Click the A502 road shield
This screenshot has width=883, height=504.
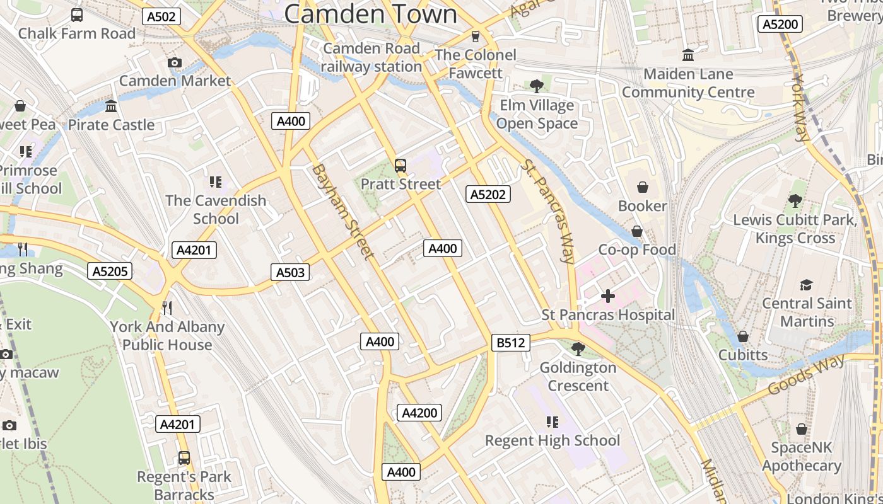pyautogui.click(x=161, y=16)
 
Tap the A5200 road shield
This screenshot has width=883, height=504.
pyautogui.click(x=780, y=24)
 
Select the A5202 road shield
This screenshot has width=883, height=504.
pyautogui.click(x=488, y=195)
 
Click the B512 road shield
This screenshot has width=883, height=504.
pyautogui.click(x=510, y=343)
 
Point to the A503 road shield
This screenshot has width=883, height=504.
pyautogui.click(x=290, y=272)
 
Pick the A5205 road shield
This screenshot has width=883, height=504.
pyautogui.click(x=110, y=272)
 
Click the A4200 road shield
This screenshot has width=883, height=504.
pyautogui.click(x=419, y=413)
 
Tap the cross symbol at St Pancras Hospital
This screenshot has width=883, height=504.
pyautogui.click(x=608, y=295)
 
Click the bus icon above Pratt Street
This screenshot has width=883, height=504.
pyautogui.click(x=401, y=166)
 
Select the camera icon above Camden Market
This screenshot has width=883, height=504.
pyautogui.click(x=175, y=62)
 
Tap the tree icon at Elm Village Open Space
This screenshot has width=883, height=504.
pyautogui.click(x=537, y=86)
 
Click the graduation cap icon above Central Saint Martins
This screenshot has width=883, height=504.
pyautogui.click(x=806, y=285)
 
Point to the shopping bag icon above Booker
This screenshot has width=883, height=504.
pyautogui.click(x=642, y=187)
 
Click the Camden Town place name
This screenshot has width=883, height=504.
pyautogui.click(x=370, y=14)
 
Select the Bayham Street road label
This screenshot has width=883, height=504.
pyautogui.click(x=343, y=211)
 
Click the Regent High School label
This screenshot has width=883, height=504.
pyautogui.click(x=553, y=440)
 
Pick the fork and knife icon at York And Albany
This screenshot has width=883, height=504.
pyautogui.click(x=167, y=307)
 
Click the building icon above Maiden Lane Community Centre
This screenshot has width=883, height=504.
pyautogui.click(x=688, y=55)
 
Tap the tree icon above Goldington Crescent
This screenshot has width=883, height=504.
pyautogui.click(x=578, y=348)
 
